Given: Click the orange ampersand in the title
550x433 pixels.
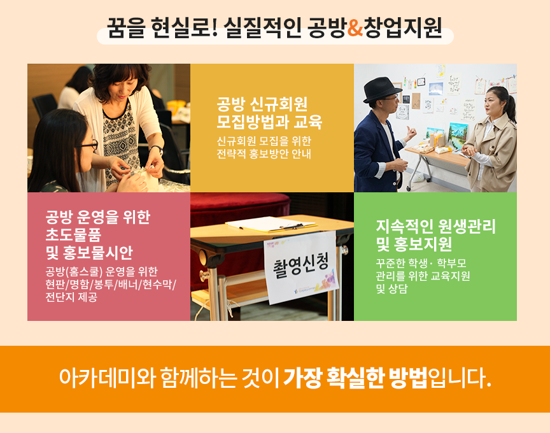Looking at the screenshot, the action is pyautogui.click(x=355, y=28).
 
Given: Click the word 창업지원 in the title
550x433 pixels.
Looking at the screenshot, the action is pyautogui.click(x=403, y=28).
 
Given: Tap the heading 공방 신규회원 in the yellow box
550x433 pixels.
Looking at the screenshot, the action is pyautogui.click(x=262, y=104).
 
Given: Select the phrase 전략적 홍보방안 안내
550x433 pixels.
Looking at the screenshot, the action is pyautogui.click(x=264, y=153).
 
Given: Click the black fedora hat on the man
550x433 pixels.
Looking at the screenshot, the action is pyautogui.click(x=383, y=90).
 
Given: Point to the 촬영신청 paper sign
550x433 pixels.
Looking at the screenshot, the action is pyautogui.click(x=301, y=267).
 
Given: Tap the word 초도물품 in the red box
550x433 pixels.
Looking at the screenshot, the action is pyautogui.click(x=73, y=234).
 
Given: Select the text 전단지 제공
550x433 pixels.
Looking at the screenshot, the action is pyautogui.click(x=71, y=297).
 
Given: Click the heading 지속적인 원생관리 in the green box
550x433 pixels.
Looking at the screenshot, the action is pyautogui.click(x=436, y=226).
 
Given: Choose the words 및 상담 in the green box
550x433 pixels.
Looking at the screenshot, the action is pyautogui.click(x=391, y=289).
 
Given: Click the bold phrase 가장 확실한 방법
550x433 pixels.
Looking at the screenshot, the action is pyautogui.click(x=355, y=378).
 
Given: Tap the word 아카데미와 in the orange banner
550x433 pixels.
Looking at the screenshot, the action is pyautogui.click(x=107, y=378).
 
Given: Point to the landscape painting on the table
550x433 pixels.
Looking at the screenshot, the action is pyautogui.click(x=458, y=132).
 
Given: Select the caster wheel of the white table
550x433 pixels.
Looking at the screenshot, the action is pyautogui.click(x=409, y=188).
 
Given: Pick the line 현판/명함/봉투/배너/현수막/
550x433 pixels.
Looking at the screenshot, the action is pyautogui.click(x=111, y=284).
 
